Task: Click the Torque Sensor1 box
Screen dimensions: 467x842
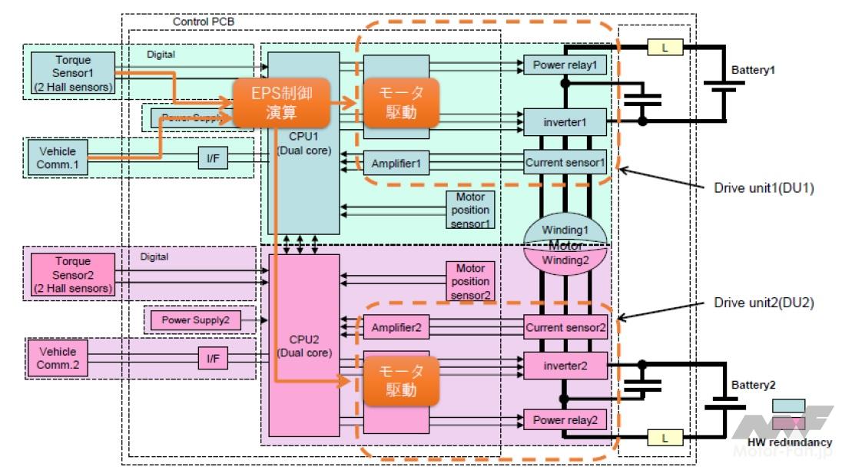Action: click(73, 72)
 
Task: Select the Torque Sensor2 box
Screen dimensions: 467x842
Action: click(73, 275)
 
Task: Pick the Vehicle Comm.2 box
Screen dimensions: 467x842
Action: click(58, 357)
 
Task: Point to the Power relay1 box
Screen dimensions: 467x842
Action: click(565, 65)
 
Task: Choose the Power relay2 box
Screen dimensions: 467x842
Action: click(565, 420)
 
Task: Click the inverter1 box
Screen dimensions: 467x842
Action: click(565, 121)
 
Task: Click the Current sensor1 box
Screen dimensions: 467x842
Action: click(565, 163)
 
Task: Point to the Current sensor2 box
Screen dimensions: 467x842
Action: click(565, 327)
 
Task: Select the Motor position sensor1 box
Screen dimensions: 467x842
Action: click(471, 210)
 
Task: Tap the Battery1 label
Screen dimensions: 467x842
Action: click(753, 69)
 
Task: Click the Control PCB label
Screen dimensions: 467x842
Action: click(204, 22)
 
